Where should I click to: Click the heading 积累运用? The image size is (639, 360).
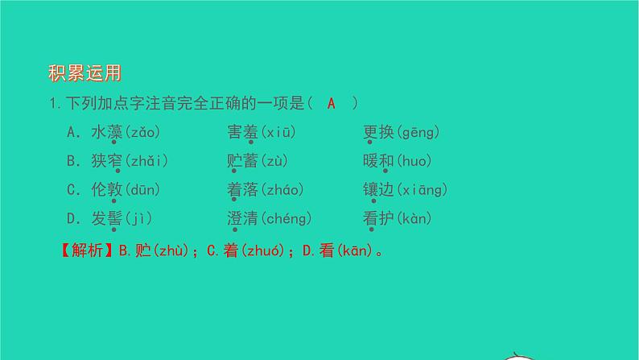[x=85, y=74]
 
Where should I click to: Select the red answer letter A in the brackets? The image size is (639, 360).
[x=332, y=104]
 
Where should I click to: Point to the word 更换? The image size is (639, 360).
[x=378, y=132]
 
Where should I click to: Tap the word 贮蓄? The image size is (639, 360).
[x=243, y=161]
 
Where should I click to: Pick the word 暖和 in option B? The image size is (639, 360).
[x=378, y=161]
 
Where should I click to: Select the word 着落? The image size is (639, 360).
[x=243, y=190]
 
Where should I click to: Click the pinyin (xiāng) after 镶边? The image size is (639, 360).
[x=422, y=190]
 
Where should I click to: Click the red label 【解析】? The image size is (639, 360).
[x=83, y=250]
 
